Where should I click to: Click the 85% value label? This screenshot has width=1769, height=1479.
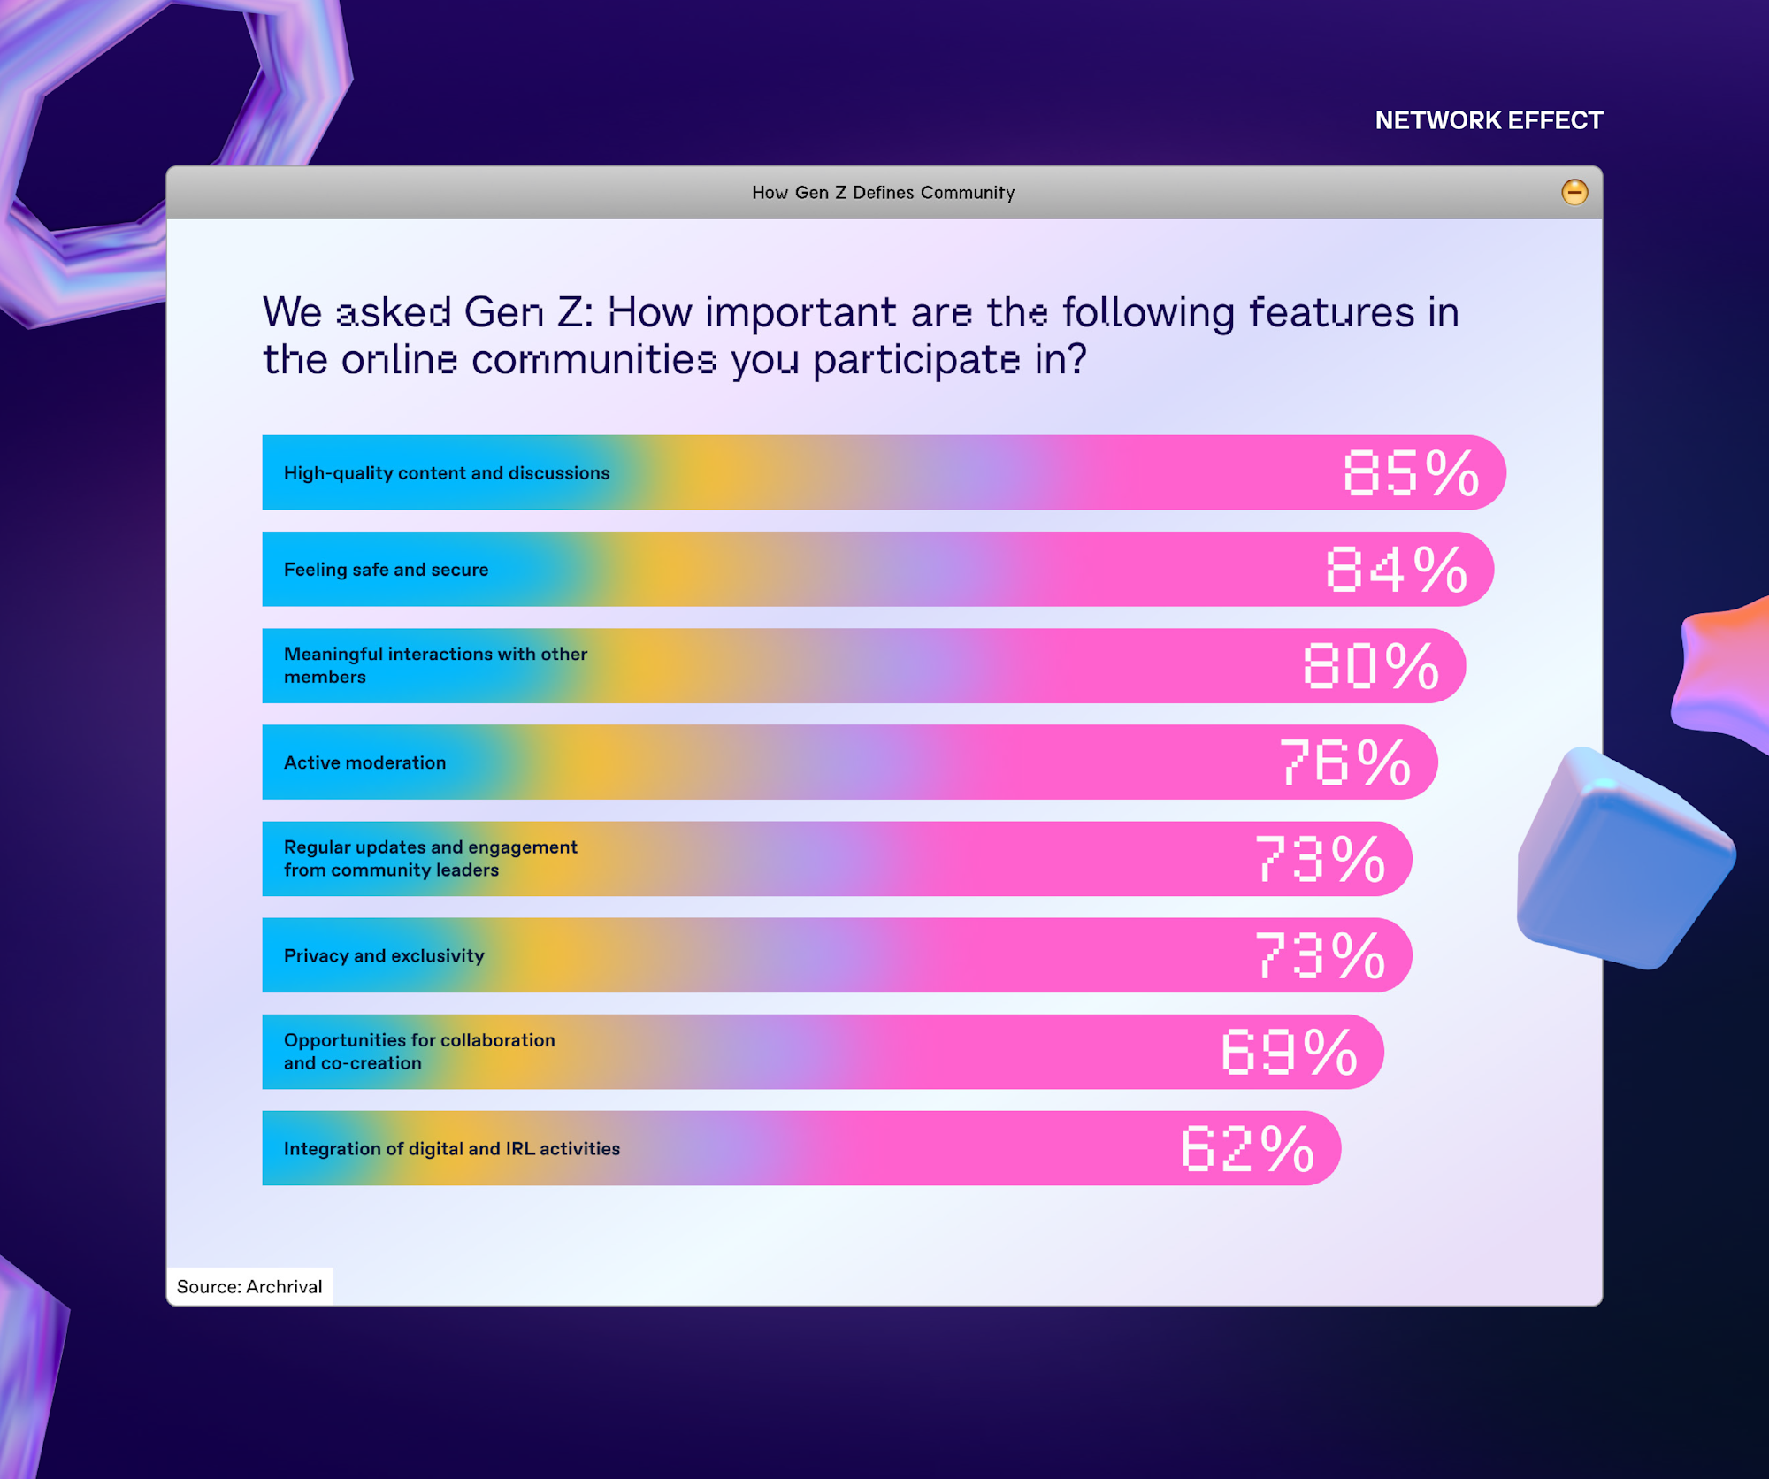click(x=1411, y=472)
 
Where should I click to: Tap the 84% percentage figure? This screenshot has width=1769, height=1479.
click(x=1397, y=569)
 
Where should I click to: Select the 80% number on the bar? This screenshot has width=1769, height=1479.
click(x=1371, y=665)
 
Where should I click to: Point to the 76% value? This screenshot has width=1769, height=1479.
click(x=1344, y=762)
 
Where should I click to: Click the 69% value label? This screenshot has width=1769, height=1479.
click(x=1289, y=1052)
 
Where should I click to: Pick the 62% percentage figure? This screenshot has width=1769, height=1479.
click(x=1248, y=1148)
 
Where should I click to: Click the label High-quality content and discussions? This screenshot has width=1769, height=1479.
click(x=447, y=473)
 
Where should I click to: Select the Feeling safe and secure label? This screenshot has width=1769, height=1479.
click(x=386, y=570)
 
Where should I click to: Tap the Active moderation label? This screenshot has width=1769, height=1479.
click(x=364, y=762)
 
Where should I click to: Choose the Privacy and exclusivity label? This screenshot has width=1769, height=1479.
click(x=384, y=955)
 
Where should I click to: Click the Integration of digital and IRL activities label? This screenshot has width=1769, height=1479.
click(x=452, y=1148)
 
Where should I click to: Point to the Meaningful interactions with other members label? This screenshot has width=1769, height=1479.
click(x=435, y=665)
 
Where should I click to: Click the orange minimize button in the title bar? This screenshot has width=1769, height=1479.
click(x=1574, y=192)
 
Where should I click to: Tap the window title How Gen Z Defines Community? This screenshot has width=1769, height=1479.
click(x=883, y=192)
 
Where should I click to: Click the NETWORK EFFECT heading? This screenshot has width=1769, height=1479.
click(x=1489, y=120)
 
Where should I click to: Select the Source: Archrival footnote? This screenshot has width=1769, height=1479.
click(x=249, y=1286)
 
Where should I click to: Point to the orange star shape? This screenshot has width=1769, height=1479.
click(x=1720, y=672)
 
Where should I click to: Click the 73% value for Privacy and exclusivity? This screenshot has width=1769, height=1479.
click(x=1320, y=955)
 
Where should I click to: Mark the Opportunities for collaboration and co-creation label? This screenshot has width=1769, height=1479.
click(x=419, y=1052)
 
